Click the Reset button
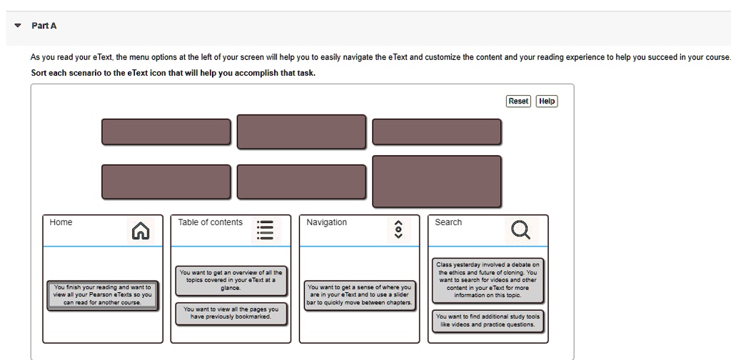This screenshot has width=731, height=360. tap(518, 101)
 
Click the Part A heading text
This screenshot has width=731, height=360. tap(44, 26)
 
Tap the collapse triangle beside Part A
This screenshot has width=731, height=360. tap(18, 26)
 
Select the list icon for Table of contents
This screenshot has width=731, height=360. tap(265, 230)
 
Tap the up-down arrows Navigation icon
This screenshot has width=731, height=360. tap(398, 230)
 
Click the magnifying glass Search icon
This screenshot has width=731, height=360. tap(521, 230)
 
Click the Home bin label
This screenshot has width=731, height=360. tap(61, 223)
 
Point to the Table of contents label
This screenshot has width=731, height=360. tap(210, 223)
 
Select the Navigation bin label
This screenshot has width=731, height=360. tap(326, 223)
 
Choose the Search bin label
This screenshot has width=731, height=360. tap(448, 223)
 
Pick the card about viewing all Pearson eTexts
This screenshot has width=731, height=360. tap(103, 295)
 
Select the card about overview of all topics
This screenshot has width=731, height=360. tap(231, 280)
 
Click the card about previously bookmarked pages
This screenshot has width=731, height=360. tap(231, 313)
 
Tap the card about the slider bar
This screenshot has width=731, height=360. tap(360, 295)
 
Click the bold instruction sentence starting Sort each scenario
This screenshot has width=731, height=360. tap(173, 74)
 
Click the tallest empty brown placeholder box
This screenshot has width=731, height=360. tap(436, 181)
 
